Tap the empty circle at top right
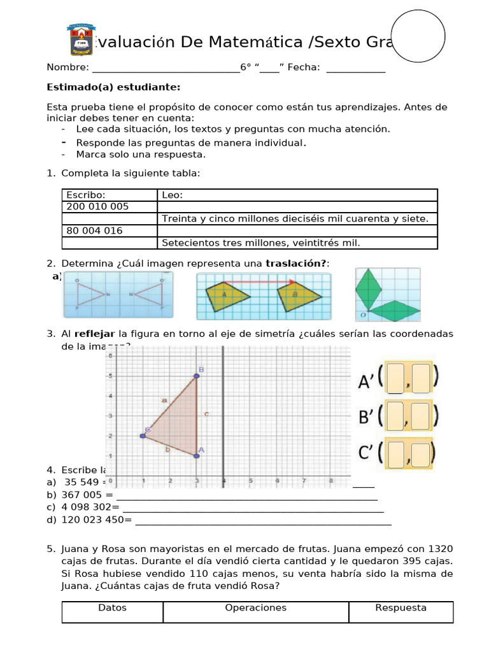[x=417, y=36]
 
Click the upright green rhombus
[x=367, y=288]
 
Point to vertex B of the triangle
[x=197, y=376]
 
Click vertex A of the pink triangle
[x=196, y=455]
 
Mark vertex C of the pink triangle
[x=143, y=436]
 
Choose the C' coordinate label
[x=365, y=454]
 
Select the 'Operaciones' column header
[x=256, y=608]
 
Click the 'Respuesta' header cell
[x=400, y=608]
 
